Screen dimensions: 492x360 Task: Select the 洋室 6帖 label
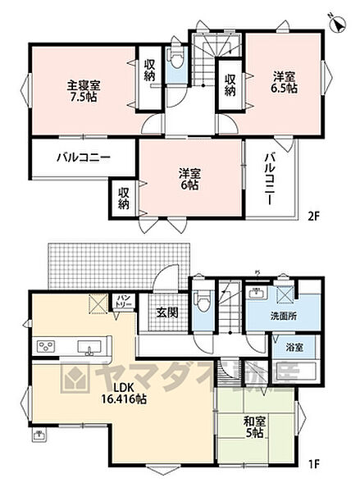189,179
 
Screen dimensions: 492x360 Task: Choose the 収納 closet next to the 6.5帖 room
230,84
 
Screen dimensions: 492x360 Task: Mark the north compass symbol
337,22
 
